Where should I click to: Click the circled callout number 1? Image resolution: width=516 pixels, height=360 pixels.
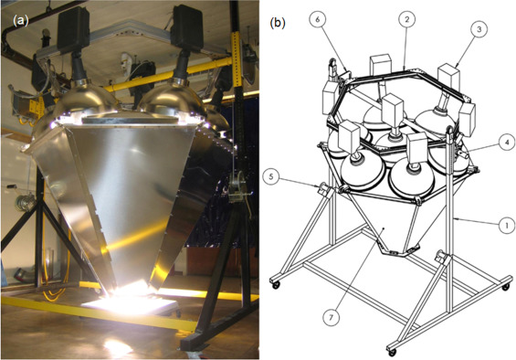tap(507, 225)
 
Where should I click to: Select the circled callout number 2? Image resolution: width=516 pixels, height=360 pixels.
tap(407, 19)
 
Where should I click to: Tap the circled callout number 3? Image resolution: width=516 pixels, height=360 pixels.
tap(479, 29)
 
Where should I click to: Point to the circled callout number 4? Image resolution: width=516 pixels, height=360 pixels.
tap(507, 142)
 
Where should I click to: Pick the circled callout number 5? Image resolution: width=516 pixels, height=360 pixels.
tap(271, 177)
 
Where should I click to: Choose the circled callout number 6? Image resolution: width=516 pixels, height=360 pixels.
tap(318, 19)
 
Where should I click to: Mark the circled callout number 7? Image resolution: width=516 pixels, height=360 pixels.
tap(331, 317)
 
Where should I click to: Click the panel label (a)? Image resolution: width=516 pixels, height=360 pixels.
tap(21, 21)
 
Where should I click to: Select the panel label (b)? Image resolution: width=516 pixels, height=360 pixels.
tap(278, 23)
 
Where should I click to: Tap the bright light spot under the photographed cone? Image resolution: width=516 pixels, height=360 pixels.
tap(132, 298)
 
